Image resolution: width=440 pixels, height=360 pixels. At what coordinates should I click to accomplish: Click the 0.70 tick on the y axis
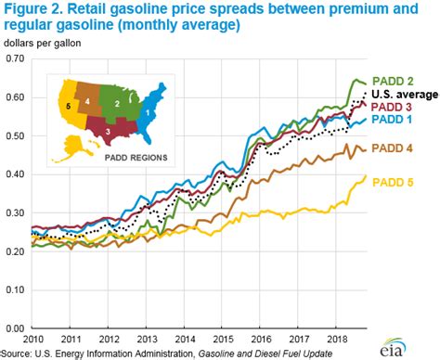click(13, 58)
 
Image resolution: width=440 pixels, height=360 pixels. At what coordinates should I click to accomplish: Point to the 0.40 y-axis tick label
click(13, 174)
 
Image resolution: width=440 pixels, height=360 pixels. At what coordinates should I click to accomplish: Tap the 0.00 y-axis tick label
click(13, 328)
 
